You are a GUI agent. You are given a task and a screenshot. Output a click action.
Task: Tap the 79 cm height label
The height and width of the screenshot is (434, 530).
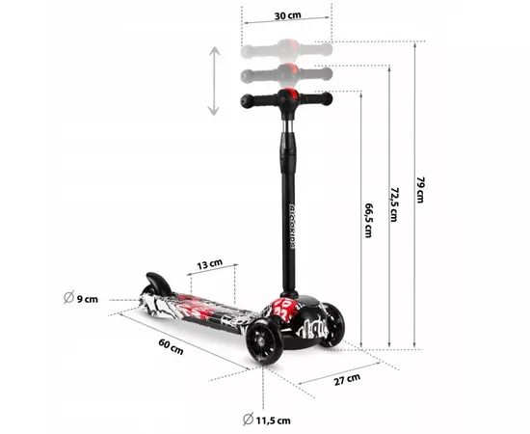point(419,190)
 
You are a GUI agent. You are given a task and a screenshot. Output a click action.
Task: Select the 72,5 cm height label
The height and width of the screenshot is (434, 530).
point(393,204)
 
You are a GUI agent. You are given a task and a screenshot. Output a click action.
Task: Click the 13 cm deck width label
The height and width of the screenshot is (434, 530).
point(209,263)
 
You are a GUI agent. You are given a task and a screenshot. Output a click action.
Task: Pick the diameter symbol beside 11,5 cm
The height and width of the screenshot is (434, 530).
point(249,418)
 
